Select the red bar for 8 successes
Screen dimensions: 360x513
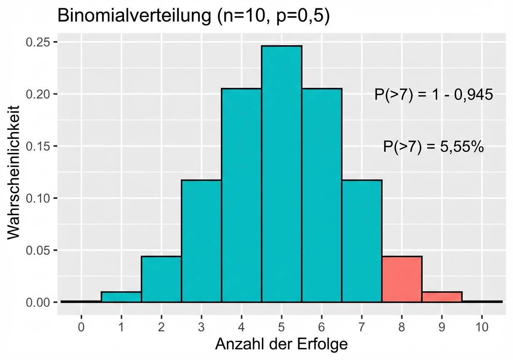pos(402,279)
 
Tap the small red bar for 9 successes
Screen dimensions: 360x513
pos(442,297)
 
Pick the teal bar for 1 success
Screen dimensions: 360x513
pos(121,297)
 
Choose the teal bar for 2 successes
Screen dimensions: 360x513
pos(161,279)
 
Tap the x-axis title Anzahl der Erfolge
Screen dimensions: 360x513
pos(281,344)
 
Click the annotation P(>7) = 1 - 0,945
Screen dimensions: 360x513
pos(433,95)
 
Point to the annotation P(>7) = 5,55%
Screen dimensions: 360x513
pos(433,147)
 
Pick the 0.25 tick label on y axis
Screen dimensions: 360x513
pos(39,42)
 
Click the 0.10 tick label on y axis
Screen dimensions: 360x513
pos(39,198)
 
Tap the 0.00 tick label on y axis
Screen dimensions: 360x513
pos(39,302)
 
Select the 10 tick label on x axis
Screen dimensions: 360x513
pos(482,327)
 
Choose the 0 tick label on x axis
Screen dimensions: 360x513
pos(81,327)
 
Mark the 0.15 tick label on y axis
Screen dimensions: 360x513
pos(39,146)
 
